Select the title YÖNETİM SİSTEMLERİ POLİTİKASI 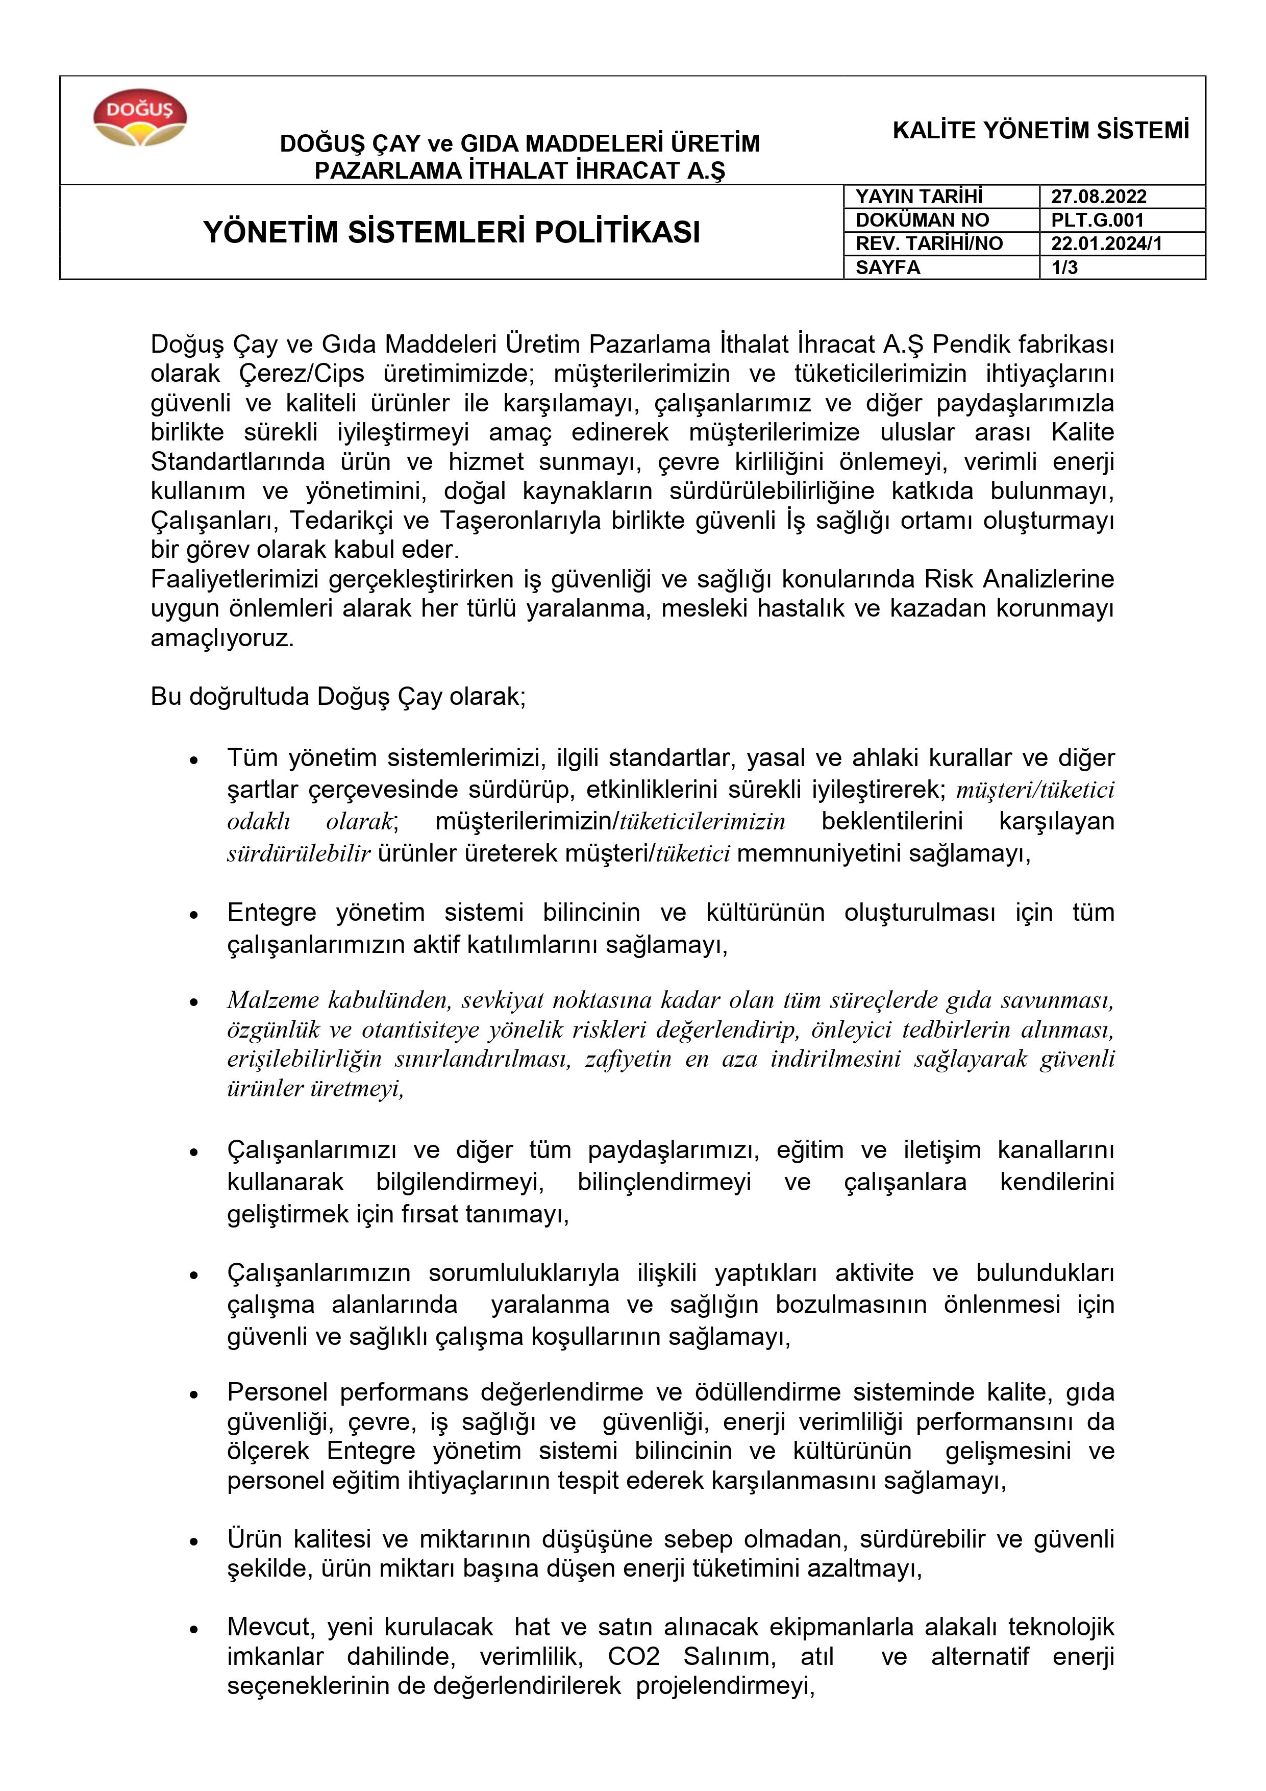[x=452, y=232]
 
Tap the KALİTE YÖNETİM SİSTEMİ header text [x=1040, y=130]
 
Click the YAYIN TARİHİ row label [x=919, y=197]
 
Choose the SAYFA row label [x=888, y=267]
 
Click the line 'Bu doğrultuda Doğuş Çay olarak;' [x=338, y=697]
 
